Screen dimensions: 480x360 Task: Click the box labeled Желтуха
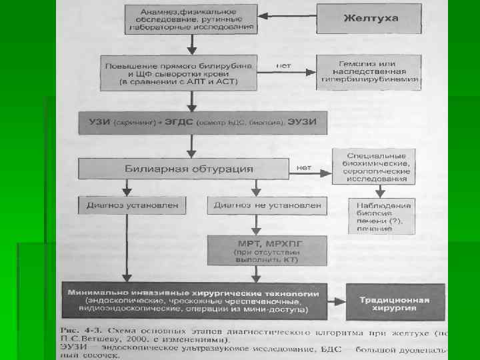pyautogui.click(x=371, y=19)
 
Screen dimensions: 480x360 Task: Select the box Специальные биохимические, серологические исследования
pyautogui.click(x=373, y=167)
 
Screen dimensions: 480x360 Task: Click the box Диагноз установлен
pyautogui.click(x=129, y=205)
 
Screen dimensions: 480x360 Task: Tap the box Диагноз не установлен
pyautogui.click(x=266, y=205)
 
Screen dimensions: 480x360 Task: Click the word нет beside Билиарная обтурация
pyautogui.click(x=304, y=166)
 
